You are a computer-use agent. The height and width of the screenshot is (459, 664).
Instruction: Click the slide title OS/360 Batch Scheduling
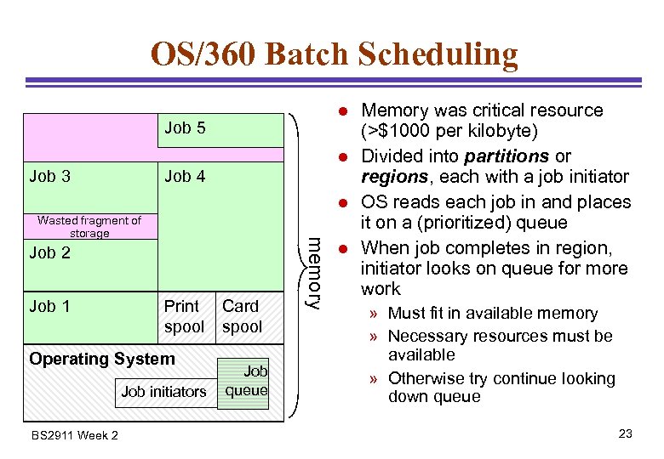click(x=334, y=54)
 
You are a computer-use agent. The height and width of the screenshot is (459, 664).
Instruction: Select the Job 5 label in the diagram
click(x=185, y=128)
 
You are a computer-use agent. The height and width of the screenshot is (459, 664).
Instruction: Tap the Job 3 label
click(x=49, y=177)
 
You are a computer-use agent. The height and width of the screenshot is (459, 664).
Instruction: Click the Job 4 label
click(x=185, y=177)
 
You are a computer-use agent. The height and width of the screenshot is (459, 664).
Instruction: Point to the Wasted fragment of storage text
click(x=89, y=227)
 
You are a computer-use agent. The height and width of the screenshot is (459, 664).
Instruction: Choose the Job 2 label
click(x=49, y=253)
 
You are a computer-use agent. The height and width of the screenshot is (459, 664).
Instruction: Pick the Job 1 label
click(x=49, y=306)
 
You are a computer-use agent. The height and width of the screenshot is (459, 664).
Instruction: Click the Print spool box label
click(x=184, y=316)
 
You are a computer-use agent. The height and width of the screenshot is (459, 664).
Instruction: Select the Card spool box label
click(x=242, y=316)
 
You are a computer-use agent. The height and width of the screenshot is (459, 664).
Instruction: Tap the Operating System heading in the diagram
click(x=102, y=359)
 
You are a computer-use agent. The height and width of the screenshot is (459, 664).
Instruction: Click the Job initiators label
click(x=163, y=392)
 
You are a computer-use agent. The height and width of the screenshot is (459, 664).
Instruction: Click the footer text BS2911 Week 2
click(x=74, y=436)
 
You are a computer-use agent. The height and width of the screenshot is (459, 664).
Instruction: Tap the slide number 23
click(x=626, y=434)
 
